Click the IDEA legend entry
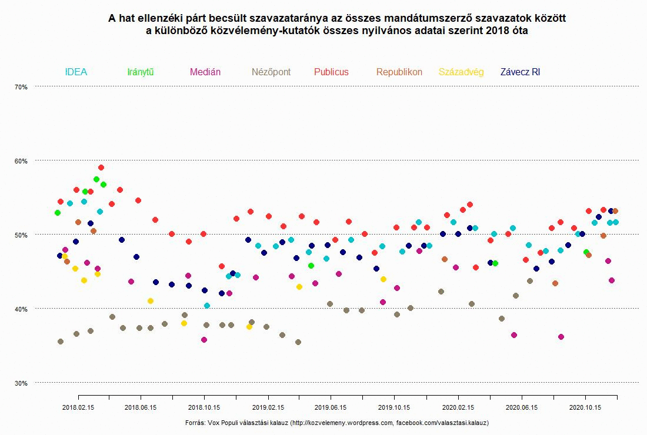click(x=76, y=72)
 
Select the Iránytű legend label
click(x=140, y=72)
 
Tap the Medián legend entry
click(x=205, y=72)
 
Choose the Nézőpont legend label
click(x=271, y=72)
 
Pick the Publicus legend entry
click(x=331, y=72)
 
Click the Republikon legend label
click(x=399, y=72)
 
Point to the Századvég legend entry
click(x=461, y=72)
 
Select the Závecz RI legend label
click(x=520, y=72)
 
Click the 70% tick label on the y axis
click(x=21, y=87)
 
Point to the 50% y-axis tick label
click(x=21, y=235)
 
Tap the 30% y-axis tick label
click(x=21, y=383)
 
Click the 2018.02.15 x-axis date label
click(x=78, y=407)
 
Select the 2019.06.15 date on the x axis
click(x=331, y=407)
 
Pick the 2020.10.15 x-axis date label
click(x=585, y=407)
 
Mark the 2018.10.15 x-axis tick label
click(x=204, y=407)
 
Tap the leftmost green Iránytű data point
click(x=57, y=213)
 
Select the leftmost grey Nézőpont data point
click(x=60, y=342)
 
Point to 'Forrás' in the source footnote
click(x=195, y=423)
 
